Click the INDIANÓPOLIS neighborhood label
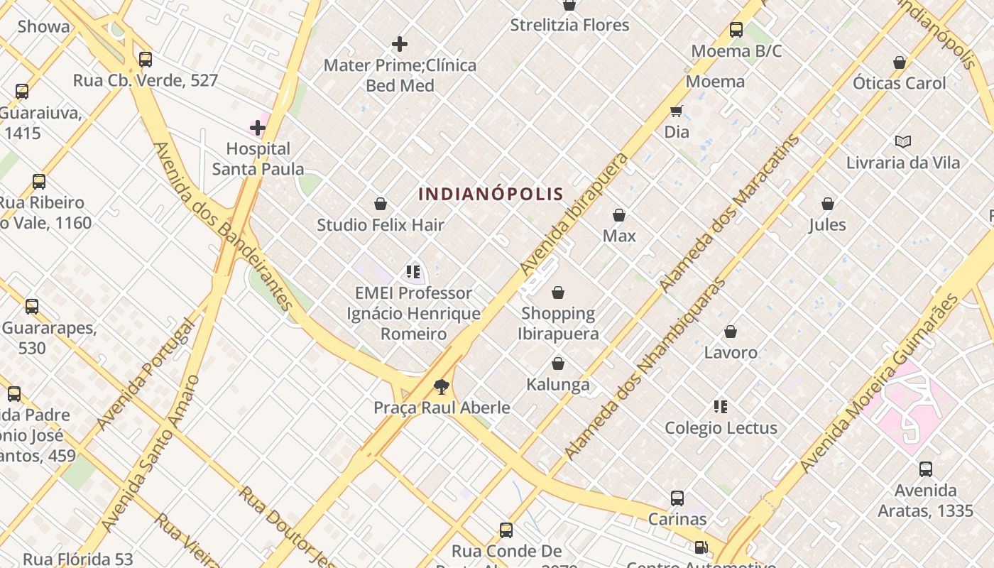click(491, 194)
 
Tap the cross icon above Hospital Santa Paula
click(258, 129)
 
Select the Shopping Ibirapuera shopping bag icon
click(558, 293)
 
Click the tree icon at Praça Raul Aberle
click(442, 387)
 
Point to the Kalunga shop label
click(558, 385)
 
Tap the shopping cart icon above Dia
click(677, 111)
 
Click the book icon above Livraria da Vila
click(902, 142)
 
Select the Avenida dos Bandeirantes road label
click(223, 226)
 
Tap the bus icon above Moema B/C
click(736, 30)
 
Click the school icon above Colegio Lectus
click(721, 407)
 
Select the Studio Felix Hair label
click(381, 225)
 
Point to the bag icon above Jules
click(827, 204)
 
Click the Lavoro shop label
click(731, 352)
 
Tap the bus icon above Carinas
click(677, 498)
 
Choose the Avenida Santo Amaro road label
click(150, 454)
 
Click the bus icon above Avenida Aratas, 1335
click(926, 469)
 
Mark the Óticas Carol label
click(900, 83)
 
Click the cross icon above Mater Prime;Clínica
click(400, 44)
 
